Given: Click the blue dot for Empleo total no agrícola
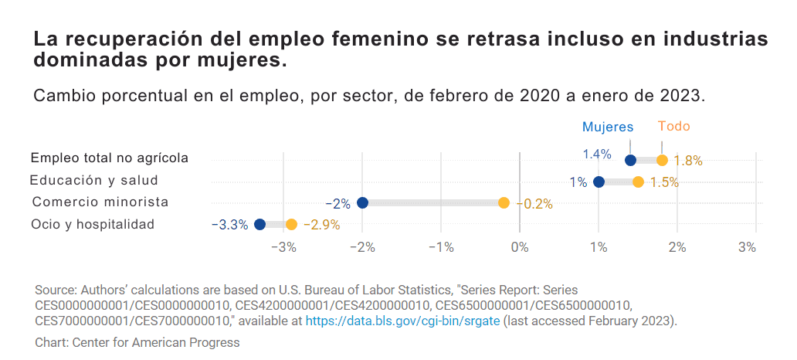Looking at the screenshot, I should [x=630, y=160].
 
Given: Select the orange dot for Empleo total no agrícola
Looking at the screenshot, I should [x=662, y=160].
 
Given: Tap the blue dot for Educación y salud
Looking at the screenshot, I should [x=599, y=182].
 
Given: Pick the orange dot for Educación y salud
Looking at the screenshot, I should [x=638, y=182].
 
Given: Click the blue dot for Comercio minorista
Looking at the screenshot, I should [x=362, y=203].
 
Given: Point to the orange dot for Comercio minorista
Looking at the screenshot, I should [x=504, y=203].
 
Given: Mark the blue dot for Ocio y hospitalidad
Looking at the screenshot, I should [x=259, y=224].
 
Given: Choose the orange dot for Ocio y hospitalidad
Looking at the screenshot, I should [x=291, y=224].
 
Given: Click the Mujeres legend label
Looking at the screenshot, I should [x=607, y=127].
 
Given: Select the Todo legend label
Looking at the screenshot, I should [x=673, y=127].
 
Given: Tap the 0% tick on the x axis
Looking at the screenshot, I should [x=520, y=247].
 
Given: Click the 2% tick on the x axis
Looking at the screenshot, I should [x=677, y=247].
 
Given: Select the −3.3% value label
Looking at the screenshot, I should [x=229, y=225].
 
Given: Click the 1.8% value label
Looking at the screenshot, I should [x=688, y=161].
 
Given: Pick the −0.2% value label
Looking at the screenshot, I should [x=534, y=204].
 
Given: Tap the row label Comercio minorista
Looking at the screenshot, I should [x=100, y=202].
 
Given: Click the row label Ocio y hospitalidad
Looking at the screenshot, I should [x=93, y=224].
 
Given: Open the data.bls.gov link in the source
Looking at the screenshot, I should [x=402, y=320].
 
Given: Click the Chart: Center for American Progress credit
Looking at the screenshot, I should [x=137, y=342].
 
